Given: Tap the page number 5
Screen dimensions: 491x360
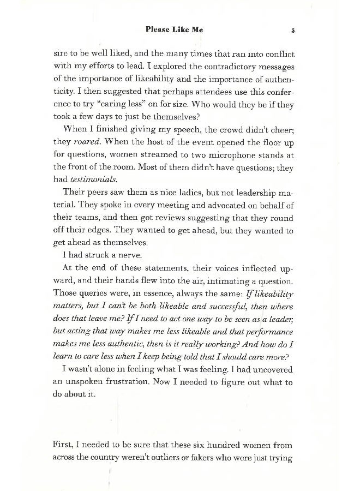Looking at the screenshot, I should tap(293, 32).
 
